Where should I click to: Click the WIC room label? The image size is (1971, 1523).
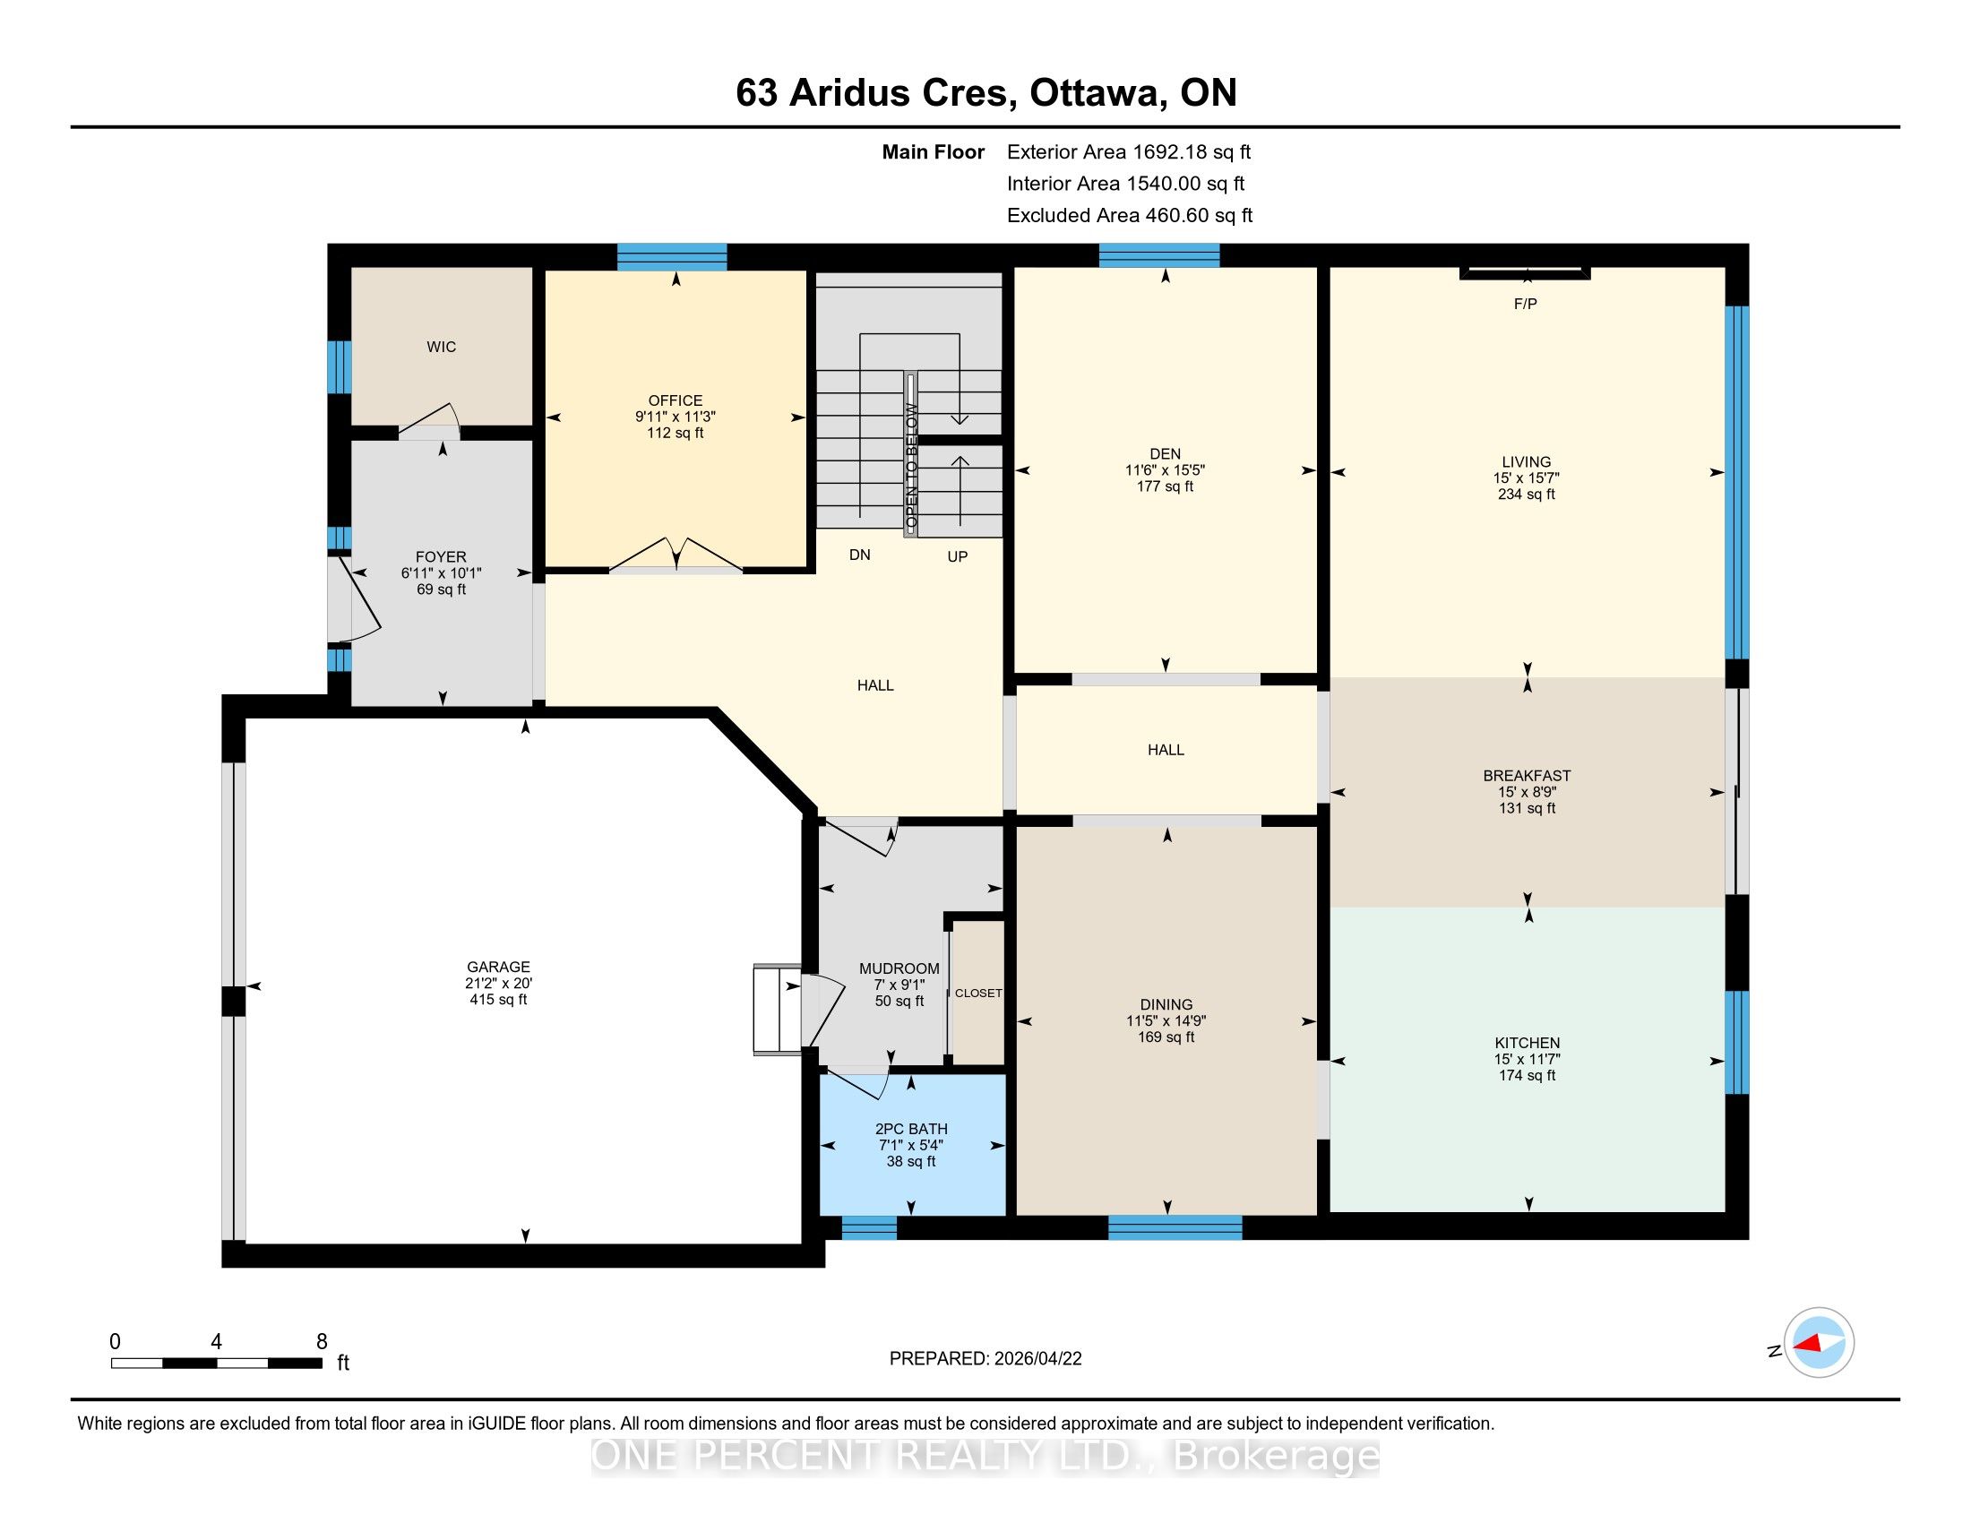tap(442, 348)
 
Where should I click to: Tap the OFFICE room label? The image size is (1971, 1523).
tap(675, 400)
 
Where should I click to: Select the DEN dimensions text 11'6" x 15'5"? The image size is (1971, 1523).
tap(1165, 470)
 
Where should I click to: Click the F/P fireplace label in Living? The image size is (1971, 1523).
tap(1525, 304)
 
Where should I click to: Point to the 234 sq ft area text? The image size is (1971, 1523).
tap(1526, 495)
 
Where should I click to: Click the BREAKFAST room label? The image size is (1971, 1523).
tap(1527, 776)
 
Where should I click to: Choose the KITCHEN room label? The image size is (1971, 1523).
tap(1527, 1043)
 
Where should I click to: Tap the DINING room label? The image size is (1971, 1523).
tap(1166, 1004)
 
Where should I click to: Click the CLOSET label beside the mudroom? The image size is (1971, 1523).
tap(978, 994)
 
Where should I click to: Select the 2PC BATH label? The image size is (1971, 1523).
tap(911, 1129)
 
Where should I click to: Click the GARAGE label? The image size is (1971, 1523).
tap(498, 968)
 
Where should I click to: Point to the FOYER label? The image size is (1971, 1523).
tap(442, 557)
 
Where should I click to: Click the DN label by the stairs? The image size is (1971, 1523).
tap(859, 555)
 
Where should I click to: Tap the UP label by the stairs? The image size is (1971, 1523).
tap(958, 556)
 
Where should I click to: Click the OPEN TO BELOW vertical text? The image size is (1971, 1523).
tap(911, 467)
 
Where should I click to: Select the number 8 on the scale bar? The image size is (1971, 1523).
tap(322, 1342)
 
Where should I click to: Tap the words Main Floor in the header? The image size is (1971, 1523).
tap(934, 152)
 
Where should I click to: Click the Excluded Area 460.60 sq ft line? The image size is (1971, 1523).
tap(1130, 216)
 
